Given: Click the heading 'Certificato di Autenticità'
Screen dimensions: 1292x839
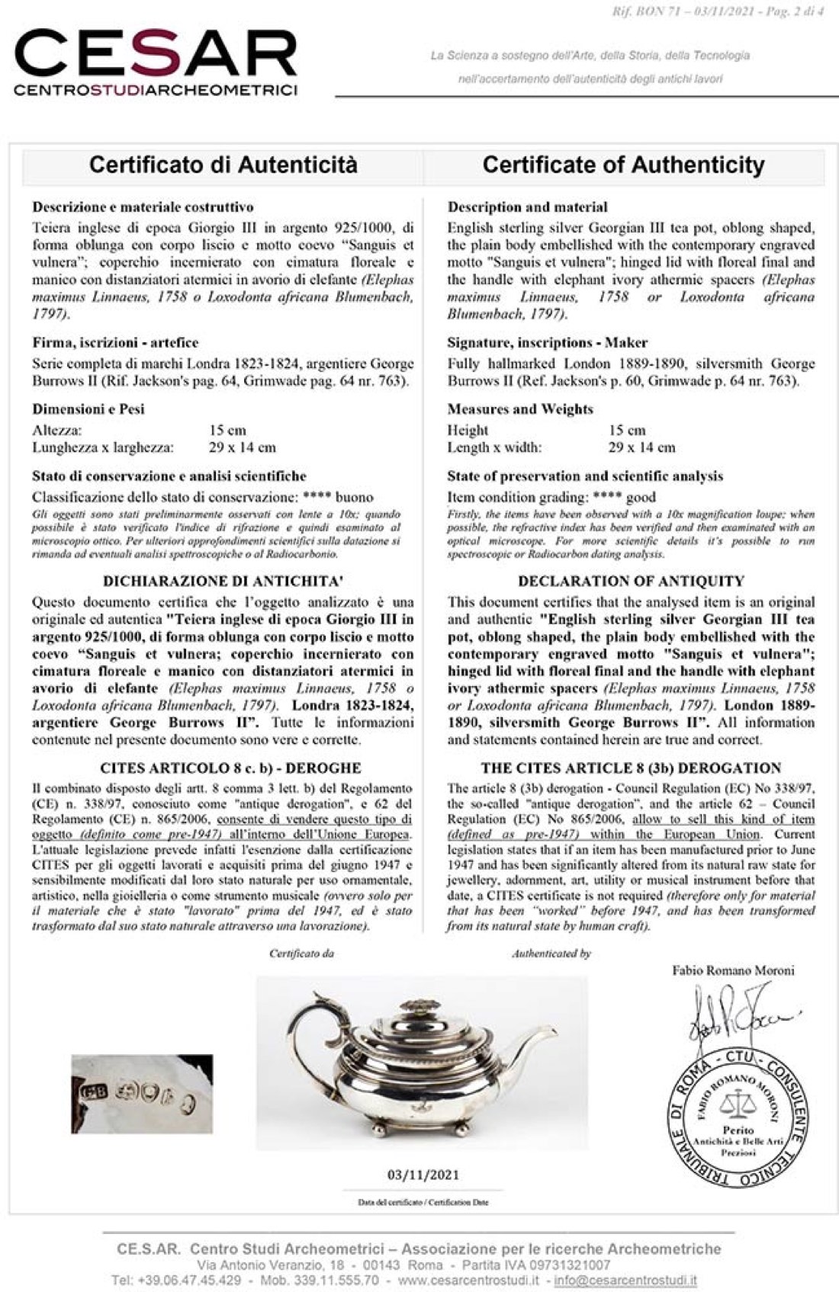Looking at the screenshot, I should (x=223, y=165).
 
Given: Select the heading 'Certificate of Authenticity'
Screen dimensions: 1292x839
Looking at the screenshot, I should (x=623, y=165).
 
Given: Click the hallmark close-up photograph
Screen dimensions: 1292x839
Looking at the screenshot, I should (x=142, y=1094).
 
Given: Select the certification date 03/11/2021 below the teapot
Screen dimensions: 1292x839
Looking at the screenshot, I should (x=423, y=1175).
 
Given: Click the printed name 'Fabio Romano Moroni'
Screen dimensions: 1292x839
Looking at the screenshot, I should (x=733, y=970).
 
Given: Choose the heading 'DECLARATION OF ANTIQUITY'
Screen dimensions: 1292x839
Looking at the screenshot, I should (x=631, y=581).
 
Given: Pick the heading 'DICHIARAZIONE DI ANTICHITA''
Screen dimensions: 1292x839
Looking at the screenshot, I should (x=222, y=581).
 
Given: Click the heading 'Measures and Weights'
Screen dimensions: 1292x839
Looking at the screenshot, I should (x=520, y=409).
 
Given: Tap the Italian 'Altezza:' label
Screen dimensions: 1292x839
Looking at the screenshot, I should (x=57, y=431).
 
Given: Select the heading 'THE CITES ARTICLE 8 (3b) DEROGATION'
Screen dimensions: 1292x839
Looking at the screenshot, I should (x=631, y=768).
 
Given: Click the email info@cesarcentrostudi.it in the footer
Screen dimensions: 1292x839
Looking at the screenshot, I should (x=625, y=1280).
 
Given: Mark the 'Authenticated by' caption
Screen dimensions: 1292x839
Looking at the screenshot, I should (x=551, y=954).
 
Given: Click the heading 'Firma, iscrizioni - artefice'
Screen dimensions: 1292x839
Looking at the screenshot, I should (x=115, y=343).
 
